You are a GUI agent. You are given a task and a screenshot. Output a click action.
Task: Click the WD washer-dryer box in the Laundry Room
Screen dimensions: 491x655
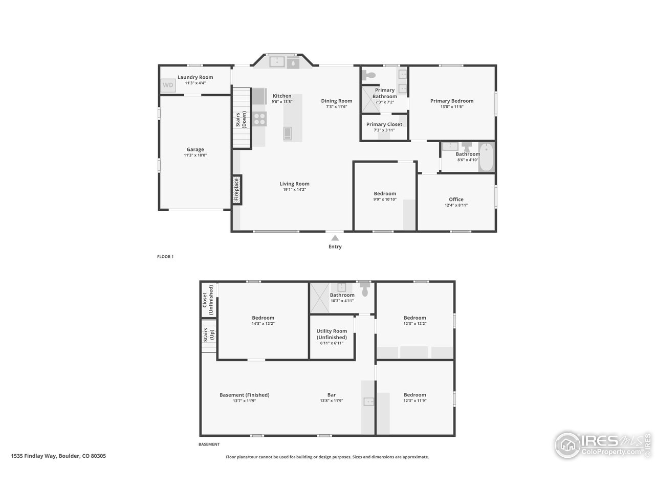[x=168, y=85]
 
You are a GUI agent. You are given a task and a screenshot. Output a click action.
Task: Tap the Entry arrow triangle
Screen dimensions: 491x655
[x=335, y=238]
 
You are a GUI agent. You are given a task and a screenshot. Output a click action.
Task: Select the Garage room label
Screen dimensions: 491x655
[x=195, y=150]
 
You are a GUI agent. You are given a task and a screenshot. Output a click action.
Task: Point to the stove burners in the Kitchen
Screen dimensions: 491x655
[x=260, y=119]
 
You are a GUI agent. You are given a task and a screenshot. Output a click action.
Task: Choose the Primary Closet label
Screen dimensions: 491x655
[x=384, y=124]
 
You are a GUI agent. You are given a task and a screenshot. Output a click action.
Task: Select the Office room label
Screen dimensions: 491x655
[x=456, y=199]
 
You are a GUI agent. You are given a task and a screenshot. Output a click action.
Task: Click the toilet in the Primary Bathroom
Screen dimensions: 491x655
[x=368, y=76]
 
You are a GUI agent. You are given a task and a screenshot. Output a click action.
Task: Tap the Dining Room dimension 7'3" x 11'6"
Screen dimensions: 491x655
[x=337, y=107]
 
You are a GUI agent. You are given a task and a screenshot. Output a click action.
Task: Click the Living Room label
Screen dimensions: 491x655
[x=294, y=184]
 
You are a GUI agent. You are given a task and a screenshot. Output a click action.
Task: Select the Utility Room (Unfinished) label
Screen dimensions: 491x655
[x=332, y=334]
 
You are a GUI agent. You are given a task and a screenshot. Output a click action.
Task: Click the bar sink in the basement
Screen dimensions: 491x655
[x=368, y=402]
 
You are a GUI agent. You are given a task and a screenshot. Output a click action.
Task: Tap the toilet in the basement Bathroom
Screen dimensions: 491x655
[x=364, y=291]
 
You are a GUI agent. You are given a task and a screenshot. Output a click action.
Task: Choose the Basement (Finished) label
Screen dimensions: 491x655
[x=244, y=395]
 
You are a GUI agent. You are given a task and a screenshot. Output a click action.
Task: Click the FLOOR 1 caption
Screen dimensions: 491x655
[x=165, y=257]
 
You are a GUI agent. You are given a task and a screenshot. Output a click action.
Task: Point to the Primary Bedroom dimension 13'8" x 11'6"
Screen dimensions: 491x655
[x=451, y=107]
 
